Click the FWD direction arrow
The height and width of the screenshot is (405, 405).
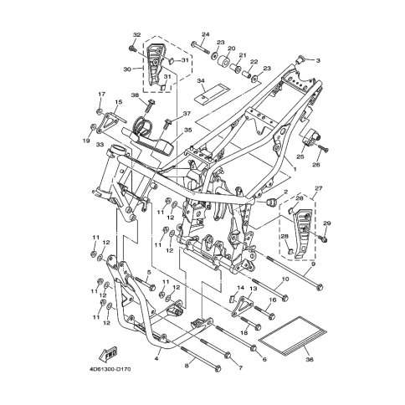point(109,353)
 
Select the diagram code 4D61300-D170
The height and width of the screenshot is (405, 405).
point(110,370)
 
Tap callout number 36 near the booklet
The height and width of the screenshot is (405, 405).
point(310,360)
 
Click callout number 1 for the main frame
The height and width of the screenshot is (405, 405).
point(295,169)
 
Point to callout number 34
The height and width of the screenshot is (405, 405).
point(201,81)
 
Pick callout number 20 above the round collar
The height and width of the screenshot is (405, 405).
point(232,49)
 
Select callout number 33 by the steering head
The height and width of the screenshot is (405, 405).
point(100,145)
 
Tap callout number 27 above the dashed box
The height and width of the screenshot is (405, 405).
point(319,188)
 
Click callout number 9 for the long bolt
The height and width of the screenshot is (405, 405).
point(313,264)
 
